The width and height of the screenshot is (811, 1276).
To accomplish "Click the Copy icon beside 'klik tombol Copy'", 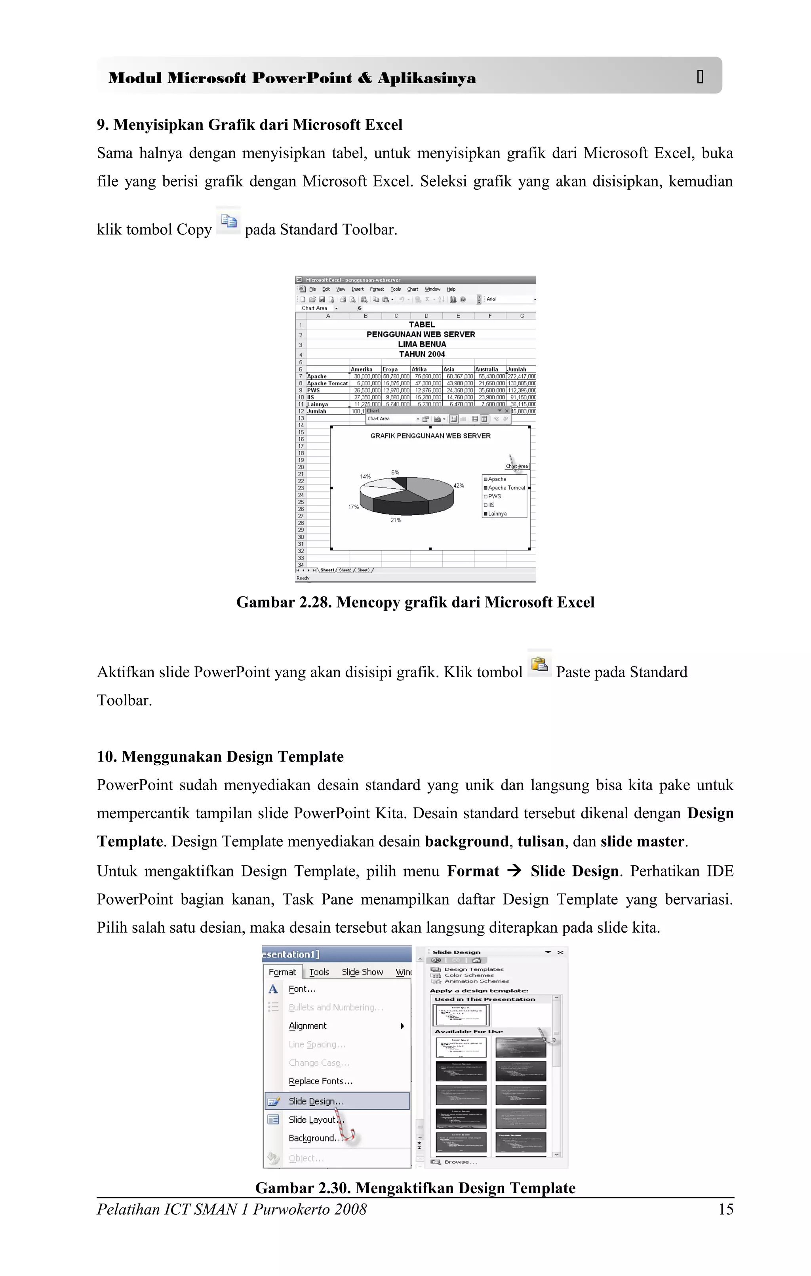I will (228, 221).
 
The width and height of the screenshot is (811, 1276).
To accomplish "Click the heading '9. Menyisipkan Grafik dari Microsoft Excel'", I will (249, 125).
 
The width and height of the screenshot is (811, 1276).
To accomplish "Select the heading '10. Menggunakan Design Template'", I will (220, 757).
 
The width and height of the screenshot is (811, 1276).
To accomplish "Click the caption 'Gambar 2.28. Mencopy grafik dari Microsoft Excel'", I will (415, 602).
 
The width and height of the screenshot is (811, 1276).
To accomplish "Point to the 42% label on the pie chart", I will (459, 486).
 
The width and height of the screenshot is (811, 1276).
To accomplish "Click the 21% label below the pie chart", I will (396, 520).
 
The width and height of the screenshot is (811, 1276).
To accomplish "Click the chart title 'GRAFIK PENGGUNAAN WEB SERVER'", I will (430, 436).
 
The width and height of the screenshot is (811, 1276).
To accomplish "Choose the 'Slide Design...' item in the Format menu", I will (316, 1101).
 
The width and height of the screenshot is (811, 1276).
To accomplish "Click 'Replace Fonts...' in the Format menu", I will (320, 1081).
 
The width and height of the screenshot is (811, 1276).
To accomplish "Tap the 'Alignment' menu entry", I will (308, 1026).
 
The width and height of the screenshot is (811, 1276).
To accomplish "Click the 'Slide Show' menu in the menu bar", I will (362, 972).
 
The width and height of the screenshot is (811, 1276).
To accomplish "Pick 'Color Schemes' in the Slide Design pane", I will (469, 975).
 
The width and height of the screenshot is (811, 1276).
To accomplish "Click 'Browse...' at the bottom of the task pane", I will (460, 1162).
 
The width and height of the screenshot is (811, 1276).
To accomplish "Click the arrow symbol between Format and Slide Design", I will (514, 871).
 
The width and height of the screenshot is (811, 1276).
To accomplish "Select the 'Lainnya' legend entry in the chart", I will (497, 514).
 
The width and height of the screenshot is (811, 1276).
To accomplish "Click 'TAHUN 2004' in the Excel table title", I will (422, 354).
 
